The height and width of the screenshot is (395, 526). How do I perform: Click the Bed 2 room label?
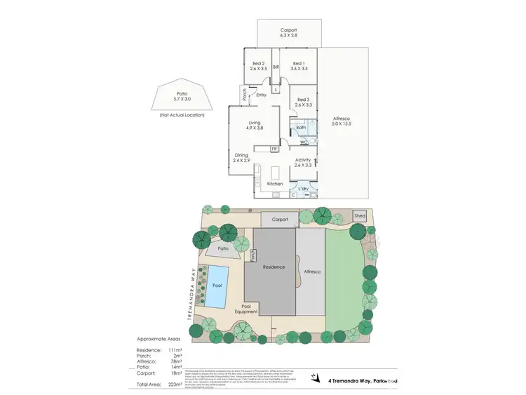(257, 63)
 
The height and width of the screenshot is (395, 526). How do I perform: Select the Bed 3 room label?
(302, 100)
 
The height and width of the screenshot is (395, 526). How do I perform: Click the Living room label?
(244, 122)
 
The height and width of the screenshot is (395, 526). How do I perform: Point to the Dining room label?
(241, 155)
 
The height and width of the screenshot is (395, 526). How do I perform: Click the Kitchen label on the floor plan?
(274, 184)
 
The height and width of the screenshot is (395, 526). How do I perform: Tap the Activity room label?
(303, 160)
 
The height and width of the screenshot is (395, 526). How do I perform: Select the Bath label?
(301, 128)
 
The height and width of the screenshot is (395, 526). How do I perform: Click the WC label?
(304, 143)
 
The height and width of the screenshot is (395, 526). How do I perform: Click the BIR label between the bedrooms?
(276, 67)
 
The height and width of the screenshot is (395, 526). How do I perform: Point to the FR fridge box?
(274, 149)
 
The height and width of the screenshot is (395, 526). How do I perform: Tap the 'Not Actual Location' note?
(181, 114)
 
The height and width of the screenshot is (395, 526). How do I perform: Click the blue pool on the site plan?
(217, 286)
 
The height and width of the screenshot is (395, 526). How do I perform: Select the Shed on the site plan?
(360, 216)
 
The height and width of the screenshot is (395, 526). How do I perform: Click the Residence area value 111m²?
(175, 349)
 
